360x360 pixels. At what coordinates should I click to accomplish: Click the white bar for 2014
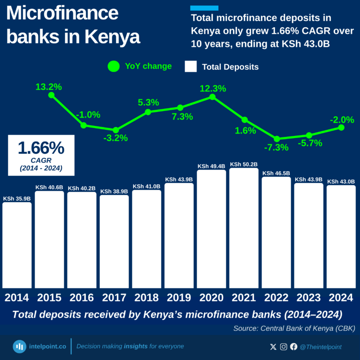click(x=17, y=245)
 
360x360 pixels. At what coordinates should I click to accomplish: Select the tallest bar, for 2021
click(x=244, y=228)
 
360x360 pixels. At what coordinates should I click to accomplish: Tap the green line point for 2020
click(x=212, y=97)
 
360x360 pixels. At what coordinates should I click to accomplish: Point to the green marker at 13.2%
click(x=52, y=95)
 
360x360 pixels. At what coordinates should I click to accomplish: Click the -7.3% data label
click(x=276, y=148)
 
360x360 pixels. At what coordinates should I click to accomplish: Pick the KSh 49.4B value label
click(x=211, y=166)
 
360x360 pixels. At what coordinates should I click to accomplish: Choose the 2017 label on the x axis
click(x=114, y=298)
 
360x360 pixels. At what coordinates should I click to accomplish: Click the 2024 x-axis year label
click(x=341, y=298)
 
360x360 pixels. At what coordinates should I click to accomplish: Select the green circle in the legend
click(x=113, y=67)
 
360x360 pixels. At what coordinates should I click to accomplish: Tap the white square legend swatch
click(x=191, y=67)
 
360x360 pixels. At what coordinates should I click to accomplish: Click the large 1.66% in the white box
click(x=41, y=148)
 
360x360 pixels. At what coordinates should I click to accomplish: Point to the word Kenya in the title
click(x=112, y=37)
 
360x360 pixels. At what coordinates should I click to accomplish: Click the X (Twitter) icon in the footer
click(x=274, y=347)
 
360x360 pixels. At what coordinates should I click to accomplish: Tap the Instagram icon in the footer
click(x=284, y=347)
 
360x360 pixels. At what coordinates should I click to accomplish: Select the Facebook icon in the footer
click(x=294, y=347)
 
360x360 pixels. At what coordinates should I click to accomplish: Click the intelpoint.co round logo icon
click(x=19, y=346)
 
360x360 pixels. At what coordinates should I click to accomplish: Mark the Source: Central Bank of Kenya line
click(x=294, y=329)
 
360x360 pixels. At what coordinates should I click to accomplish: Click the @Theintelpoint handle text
click(x=321, y=347)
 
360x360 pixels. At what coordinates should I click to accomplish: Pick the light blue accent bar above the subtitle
click(x=204, y=8)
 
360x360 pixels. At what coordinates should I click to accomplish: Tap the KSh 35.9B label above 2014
click(x=17, y=199)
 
